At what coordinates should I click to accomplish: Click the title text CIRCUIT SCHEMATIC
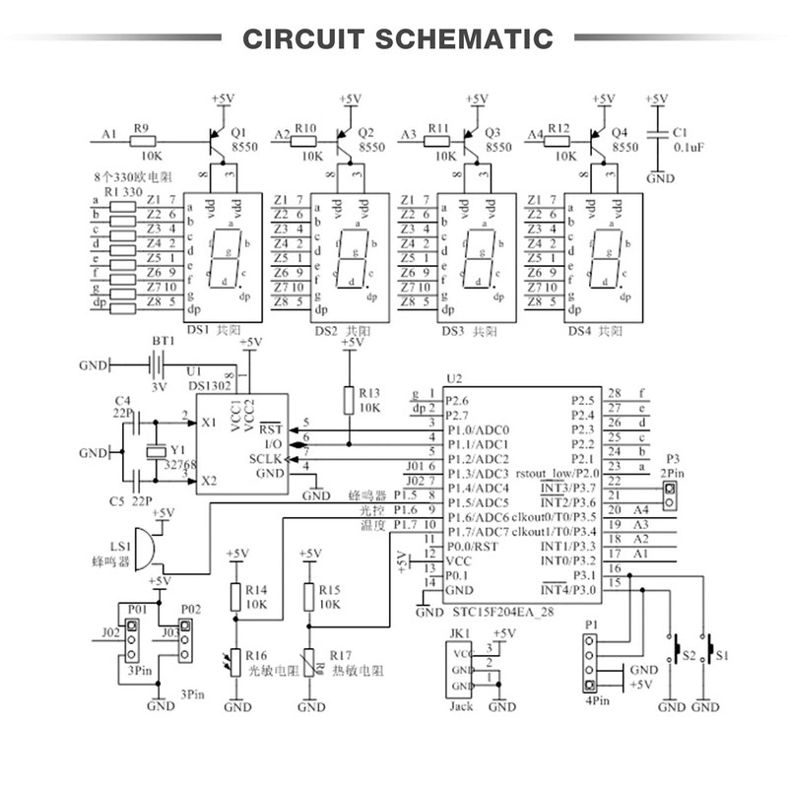[x=398, y=38]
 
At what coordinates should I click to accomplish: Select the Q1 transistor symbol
[x=216, y=142]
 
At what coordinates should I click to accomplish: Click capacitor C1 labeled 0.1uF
[x=657, y=138]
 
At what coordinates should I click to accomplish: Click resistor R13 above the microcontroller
[x=348, y=400]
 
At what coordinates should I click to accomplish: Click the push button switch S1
[x=706, y=653]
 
